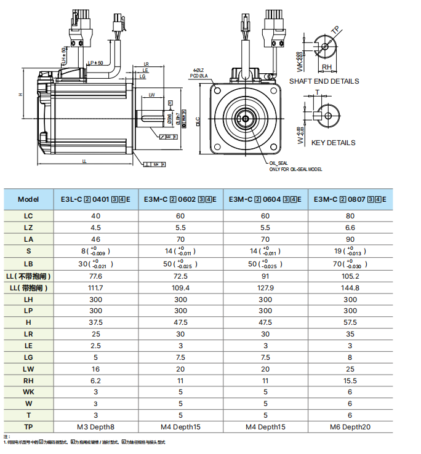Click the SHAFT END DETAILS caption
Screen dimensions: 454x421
pos(324,81)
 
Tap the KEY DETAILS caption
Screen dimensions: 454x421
pos(333,143)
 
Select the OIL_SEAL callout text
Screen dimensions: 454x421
pos(279,163)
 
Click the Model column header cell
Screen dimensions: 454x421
pos(28,199)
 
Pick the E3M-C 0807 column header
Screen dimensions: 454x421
pos(350,199)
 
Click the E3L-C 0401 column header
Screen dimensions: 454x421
pos(95,199)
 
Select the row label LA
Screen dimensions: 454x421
pos(28,239)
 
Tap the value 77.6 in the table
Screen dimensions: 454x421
pos(95,277)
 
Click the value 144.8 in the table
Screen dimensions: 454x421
pos(350,287)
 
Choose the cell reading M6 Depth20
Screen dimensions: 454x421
pos(350,426)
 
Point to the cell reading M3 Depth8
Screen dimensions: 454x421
pos(95,426)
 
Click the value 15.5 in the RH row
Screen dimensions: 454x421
pos(350,381)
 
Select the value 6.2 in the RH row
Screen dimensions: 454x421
pos(95,381)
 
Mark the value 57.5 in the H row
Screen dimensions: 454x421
pos(350,322)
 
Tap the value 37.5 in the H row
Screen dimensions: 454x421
pos(95,322)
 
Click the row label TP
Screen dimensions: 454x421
pos(28,426)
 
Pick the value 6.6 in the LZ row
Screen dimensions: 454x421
pos(350,227)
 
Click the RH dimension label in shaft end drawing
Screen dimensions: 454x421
pos(327,68)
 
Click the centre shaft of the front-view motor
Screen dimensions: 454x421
pos(246,119)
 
